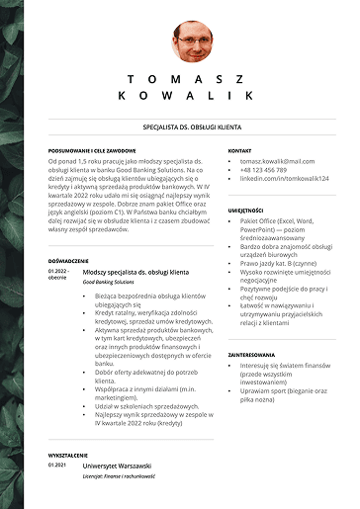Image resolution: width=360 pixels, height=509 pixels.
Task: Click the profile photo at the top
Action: tap(191, 42)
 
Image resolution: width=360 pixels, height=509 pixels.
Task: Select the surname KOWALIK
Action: tap(191, 96)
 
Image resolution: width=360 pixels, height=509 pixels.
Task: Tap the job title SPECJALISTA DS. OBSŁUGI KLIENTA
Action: tap(191, 127)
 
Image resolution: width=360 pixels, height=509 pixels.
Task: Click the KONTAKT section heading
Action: tap(240, 150)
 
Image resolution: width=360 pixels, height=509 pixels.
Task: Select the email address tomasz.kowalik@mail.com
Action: tap(280, 160)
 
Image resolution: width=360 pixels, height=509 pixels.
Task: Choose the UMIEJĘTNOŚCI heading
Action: tap(246, 211)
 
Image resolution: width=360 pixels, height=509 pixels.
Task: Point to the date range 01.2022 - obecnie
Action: tap(58, 274)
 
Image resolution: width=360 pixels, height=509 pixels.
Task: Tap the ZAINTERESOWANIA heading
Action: tap(251, 353)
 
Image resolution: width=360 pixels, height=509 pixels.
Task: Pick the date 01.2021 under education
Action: tap(56, 465)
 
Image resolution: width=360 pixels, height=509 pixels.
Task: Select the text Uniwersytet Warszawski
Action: tap(123, 465)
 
